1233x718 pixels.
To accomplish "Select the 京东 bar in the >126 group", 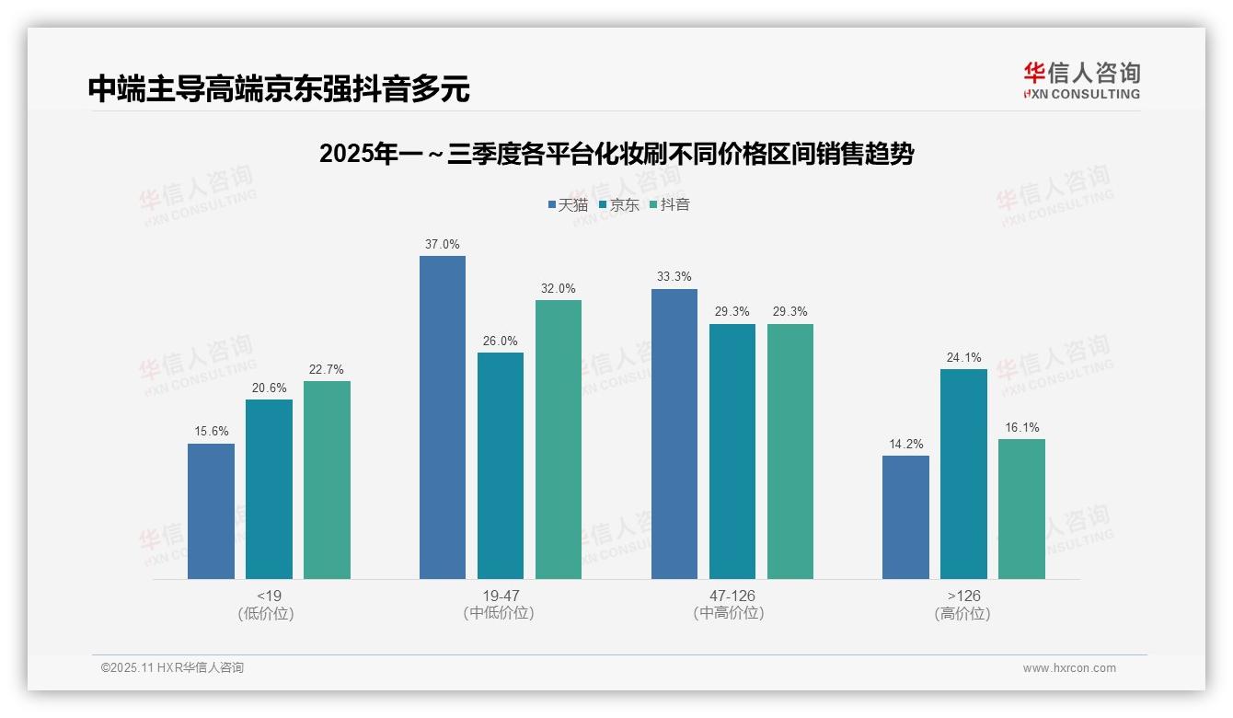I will pyautogui.click(x=963, y=474).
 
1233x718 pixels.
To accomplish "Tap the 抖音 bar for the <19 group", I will pyautogui.click(x=327, y=480).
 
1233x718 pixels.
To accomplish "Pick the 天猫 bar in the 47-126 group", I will pyautogui.click(x=674, y=434).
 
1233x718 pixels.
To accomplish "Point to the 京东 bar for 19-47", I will pyautogui.click(x=501, y=465).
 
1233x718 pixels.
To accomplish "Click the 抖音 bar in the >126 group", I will pyautogui.click(x=1021, y=508).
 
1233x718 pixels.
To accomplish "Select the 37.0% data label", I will pyautogui.click(x=443, y=245).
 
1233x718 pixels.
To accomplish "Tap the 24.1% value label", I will pyautogui.click(x=963, y=358).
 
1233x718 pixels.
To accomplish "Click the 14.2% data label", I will pyautogui.click(x=905, y=445).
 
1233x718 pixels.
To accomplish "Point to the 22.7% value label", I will pyautogui.click(x=327, y=370).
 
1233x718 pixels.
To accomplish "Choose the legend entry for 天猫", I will pyautogui.click(x=568, y=205).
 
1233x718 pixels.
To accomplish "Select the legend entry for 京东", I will pyautogui.click(x=619, y=205).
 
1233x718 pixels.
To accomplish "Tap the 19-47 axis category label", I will pyautogui.click(x=501, y=596).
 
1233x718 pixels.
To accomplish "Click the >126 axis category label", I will pyautogui.click(x=963, y=596).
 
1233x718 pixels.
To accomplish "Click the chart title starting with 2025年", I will pyautogui.click(x=616, y=154).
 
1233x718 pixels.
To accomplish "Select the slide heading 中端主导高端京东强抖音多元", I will pyautogui.click(x=279, y=89).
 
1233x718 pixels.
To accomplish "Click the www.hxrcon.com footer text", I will pyautogui.click(x=1069, y=668).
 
